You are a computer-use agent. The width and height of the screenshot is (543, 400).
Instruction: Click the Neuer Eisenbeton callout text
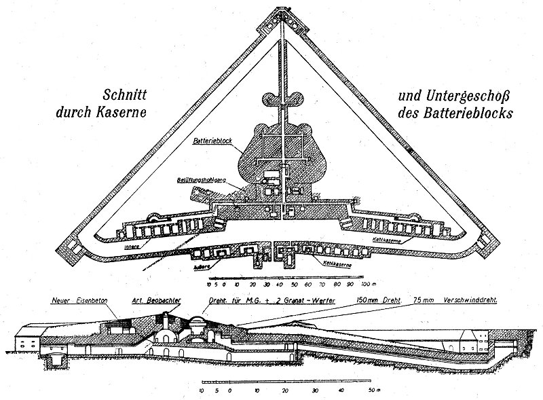click(x=84, y=298)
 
